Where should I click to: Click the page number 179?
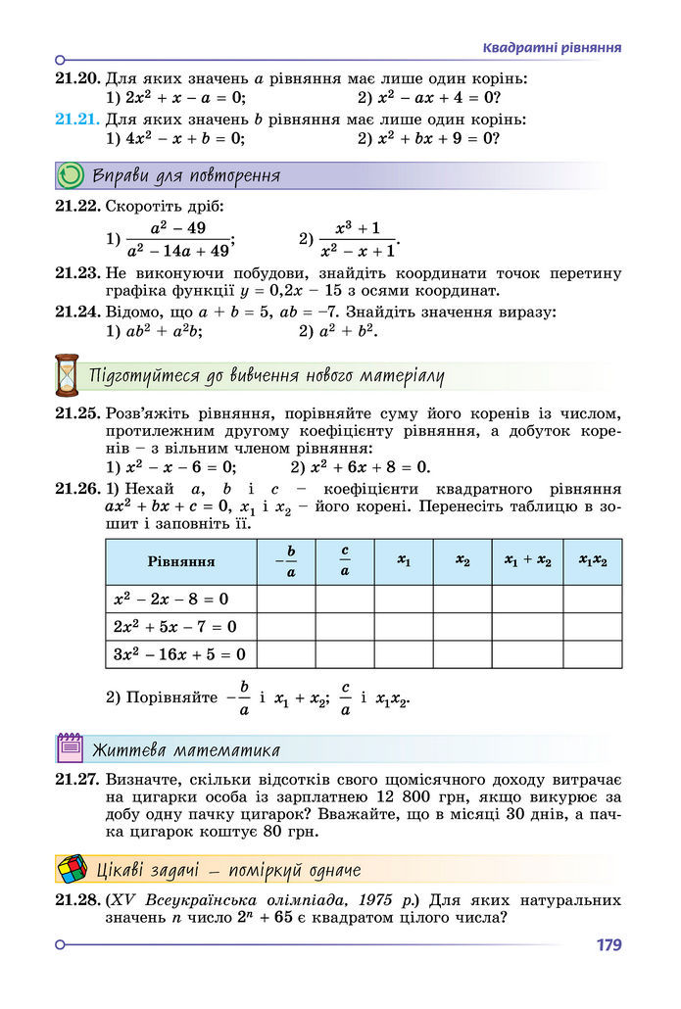[x=608, y=945]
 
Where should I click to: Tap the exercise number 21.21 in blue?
[x=77, y=120]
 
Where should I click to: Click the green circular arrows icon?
[x=71, y=176]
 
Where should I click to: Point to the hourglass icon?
[x=67, y=375]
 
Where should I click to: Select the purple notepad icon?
[x=70, y=749]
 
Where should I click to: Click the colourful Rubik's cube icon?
[x=71, y=869]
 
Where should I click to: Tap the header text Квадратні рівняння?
[x=553, y=47]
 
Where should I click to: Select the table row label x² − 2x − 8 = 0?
[x=170, y=599]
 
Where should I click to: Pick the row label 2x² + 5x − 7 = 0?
[x=174, y=626]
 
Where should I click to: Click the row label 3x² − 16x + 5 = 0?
[x=178, y=653]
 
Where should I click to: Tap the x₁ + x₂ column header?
[x=527, y=561]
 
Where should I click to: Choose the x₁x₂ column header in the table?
[x=593, y=561]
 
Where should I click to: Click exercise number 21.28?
[x=77, y=898]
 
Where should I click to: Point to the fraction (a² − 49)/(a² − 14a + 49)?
[x=177, y=238]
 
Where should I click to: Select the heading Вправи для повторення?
[x=186, y=176]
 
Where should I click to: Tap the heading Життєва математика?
[x=186, y=750]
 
